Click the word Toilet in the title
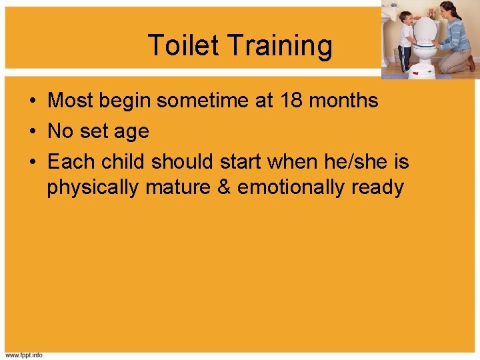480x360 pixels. coord(183,45)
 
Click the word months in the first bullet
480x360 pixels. coord(346,101)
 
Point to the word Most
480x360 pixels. coord(70,101)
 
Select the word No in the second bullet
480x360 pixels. coord(61,131)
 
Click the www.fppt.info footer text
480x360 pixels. coord(24,355)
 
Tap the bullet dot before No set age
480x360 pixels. coord(32,131)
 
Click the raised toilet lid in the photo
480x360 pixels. coord(425,29)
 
